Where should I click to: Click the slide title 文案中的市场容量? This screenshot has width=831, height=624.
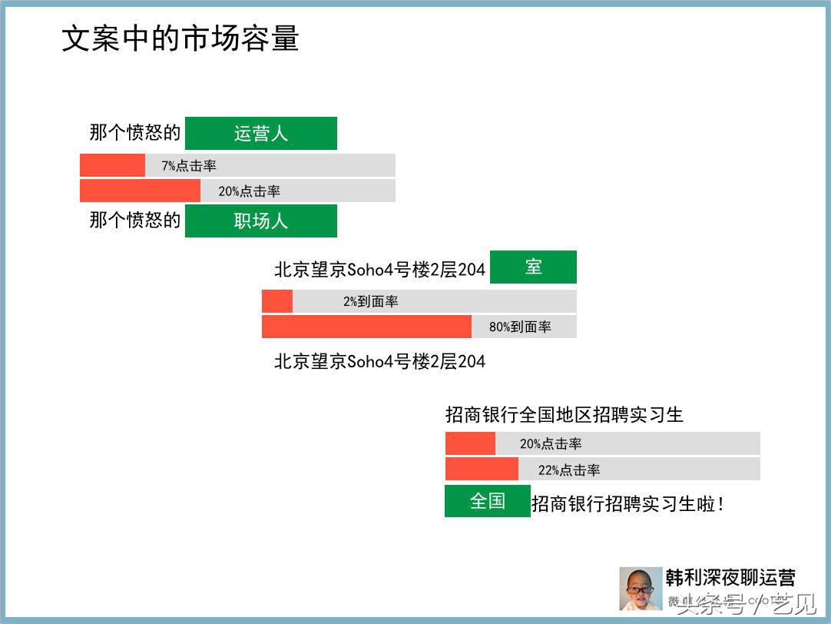point(180,39)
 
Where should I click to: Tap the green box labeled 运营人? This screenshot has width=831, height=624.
point(260,133)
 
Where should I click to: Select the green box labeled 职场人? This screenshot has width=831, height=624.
point(260,221)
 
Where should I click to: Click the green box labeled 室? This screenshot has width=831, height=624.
point(533,267)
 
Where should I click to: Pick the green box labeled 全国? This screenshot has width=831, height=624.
point(487,501)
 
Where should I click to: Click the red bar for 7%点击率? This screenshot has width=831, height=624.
point(112,165)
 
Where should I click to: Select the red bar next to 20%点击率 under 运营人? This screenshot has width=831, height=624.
point(140,191)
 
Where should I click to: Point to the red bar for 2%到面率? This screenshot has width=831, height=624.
point(277,301)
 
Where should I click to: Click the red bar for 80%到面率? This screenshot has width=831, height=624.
point(366,327)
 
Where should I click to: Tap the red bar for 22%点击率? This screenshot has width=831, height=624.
point(482,469)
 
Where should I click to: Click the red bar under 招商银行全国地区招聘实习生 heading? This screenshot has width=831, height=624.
point(470,443)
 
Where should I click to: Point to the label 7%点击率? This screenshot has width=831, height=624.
point(189,166)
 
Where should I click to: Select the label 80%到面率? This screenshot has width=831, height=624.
point(520,327)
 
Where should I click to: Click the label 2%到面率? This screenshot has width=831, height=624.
point(370,302)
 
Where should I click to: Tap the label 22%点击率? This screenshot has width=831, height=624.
point(569,470)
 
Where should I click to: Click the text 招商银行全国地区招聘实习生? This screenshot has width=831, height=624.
point(564,415)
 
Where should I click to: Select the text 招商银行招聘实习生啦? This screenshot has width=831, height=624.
point(627,504)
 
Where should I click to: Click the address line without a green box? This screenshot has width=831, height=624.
point(379,361)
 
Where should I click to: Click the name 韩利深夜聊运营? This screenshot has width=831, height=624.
point(730,577)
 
